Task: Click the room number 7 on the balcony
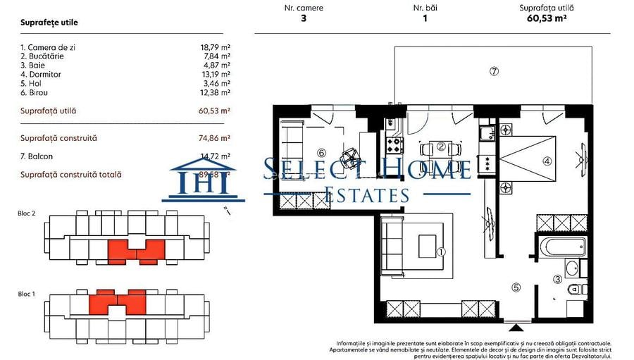click(494, 71)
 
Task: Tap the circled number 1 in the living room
click(442, 252)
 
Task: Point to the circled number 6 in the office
click(321, 152)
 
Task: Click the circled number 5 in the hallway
click(516, 287)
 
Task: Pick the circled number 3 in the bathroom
click(558, 279)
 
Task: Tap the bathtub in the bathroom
click(561, 246)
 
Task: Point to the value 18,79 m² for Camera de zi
click(216, 47)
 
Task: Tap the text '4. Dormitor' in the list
click(41, 74)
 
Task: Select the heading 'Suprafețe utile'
click(49, 23)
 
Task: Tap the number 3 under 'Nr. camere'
click(303, 19)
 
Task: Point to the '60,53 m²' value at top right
click(547, 19)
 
